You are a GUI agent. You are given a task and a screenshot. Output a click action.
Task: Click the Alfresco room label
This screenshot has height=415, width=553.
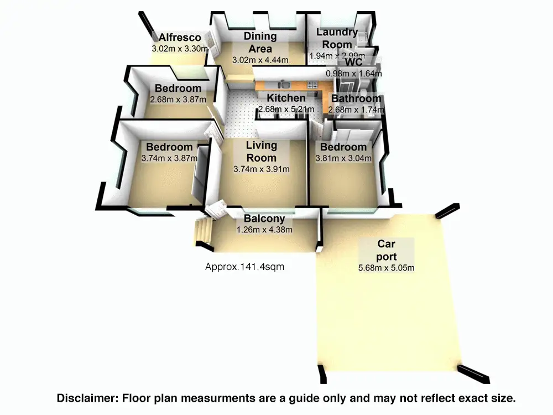coord(180,38)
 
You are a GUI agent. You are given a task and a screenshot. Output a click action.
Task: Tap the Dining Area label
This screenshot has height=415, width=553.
coord(260,42)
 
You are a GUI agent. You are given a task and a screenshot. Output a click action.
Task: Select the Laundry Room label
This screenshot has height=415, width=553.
coord(337,38)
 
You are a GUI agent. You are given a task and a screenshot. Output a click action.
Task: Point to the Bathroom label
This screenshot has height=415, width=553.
coord(356,98)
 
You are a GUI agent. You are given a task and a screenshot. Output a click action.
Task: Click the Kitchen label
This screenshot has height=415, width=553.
coord(286,98)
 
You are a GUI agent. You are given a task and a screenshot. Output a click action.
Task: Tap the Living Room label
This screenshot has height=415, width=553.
coord(262,152)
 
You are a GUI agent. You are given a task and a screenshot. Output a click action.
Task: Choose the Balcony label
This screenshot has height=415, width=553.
coord(264,219)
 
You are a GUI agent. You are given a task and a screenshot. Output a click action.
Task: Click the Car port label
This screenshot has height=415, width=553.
coord(387,250)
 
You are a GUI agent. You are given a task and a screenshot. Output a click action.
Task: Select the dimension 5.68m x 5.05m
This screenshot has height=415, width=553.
coord(387,268)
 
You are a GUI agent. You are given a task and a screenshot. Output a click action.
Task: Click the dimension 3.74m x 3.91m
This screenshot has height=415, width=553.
coord(262,169)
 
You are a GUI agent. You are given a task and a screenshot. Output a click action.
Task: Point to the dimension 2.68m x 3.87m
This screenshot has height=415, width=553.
coord(178,100)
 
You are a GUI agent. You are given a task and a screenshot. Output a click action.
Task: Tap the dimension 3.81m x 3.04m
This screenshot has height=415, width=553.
coord(343,158)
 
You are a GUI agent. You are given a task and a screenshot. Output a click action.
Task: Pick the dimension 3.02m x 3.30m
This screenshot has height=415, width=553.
coord(180,49)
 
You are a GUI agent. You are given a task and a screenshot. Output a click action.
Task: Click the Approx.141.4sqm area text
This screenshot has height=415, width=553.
coord(245,267)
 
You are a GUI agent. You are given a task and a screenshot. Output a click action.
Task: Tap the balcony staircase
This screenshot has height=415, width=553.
coord(202,232)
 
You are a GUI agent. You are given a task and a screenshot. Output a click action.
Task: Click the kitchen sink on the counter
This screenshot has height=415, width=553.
coord(283,85)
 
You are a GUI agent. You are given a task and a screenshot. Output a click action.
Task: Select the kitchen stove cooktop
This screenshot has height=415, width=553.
coord(312,85)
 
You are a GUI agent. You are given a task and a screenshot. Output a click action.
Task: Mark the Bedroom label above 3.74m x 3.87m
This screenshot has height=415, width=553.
coord(169,147)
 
